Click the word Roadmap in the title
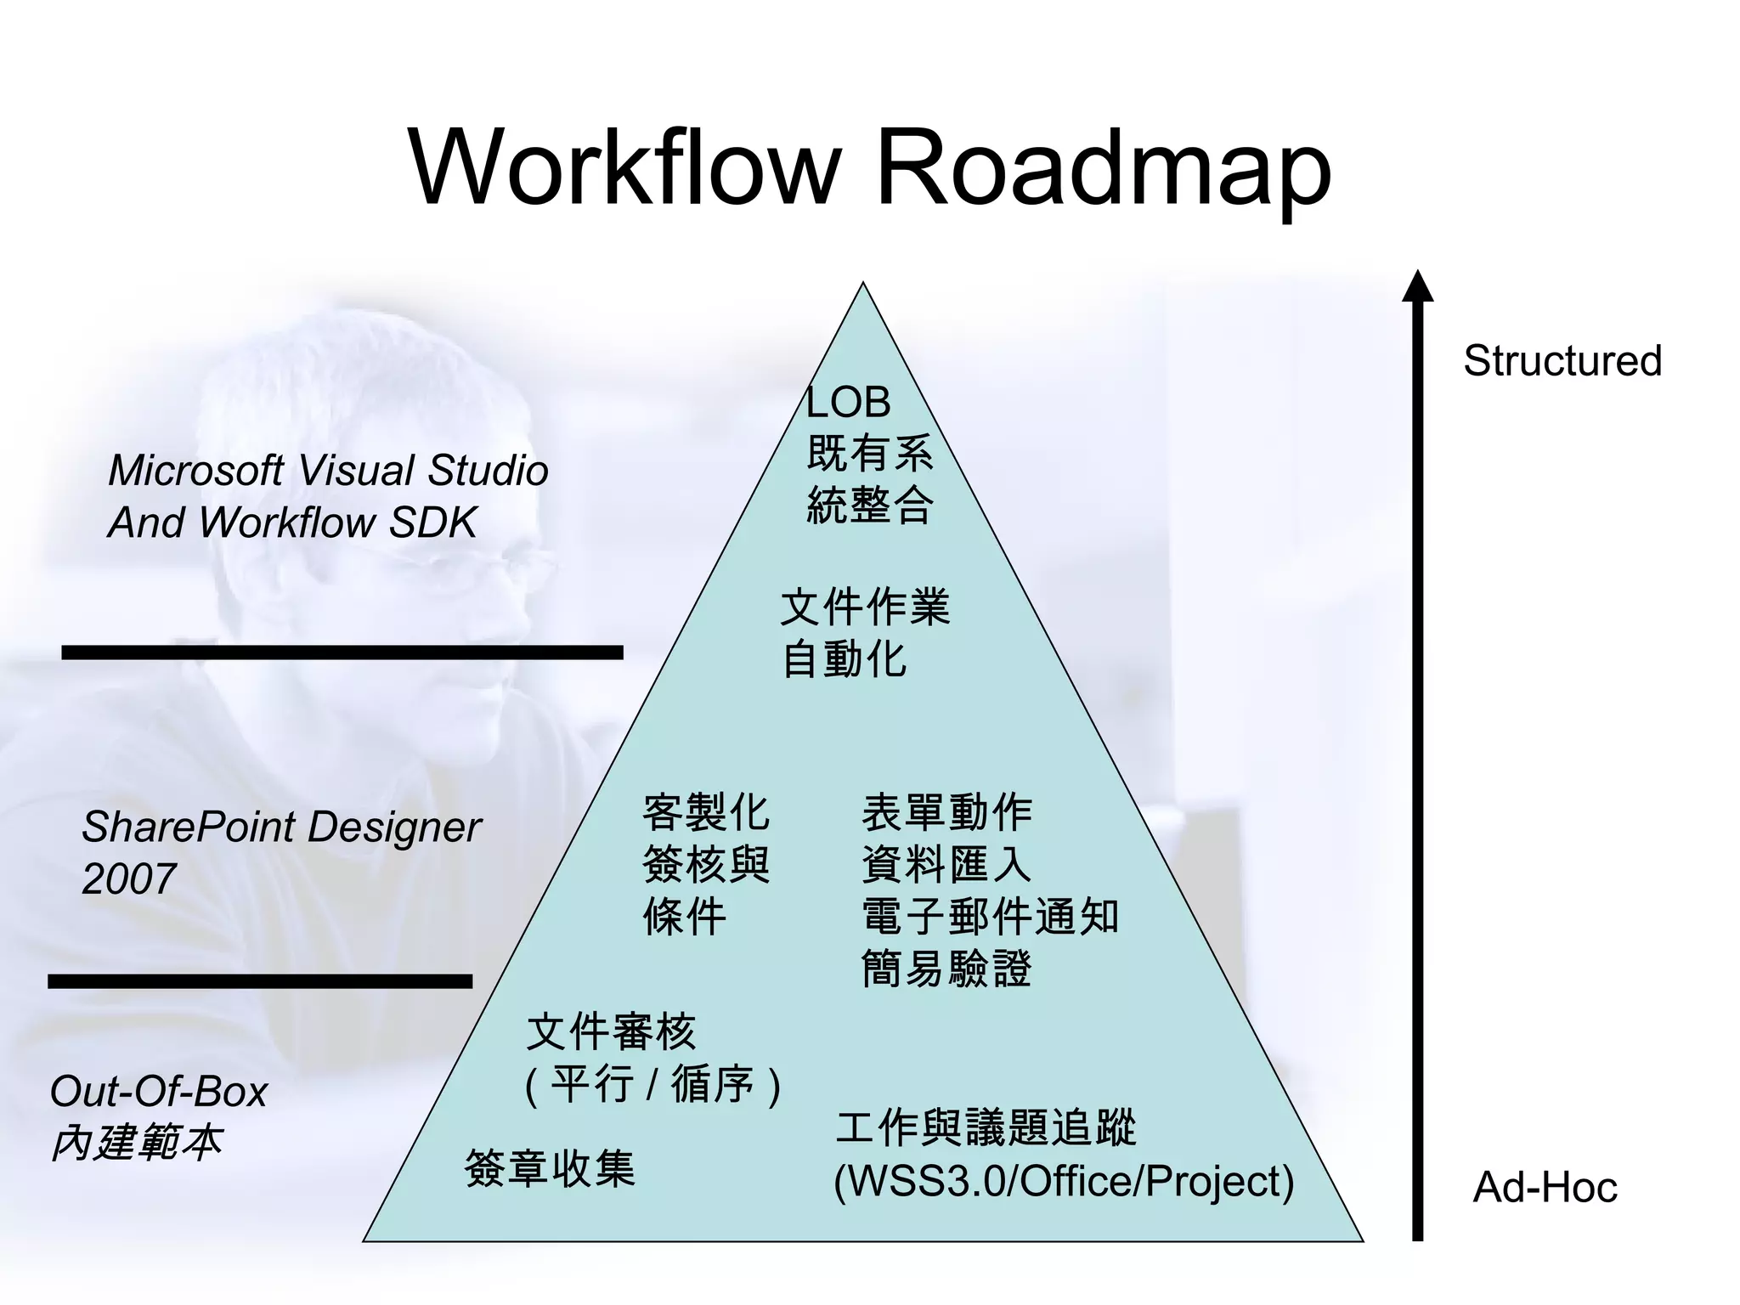1102,167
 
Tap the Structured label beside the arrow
1562,360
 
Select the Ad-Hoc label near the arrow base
1544,1187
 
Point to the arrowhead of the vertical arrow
1417,287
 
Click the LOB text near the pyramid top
848,402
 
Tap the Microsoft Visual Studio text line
328,470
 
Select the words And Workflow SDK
291,522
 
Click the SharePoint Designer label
281,827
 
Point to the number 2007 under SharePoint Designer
128,878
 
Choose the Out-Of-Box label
158,1091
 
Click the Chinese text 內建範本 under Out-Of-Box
136,1143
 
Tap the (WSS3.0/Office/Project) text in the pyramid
1064,1181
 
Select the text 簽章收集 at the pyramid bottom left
550,1168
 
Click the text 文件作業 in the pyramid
864,607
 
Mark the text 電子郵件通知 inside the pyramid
990,917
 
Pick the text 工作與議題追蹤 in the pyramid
986,1128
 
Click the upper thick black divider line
342,652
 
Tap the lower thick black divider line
260,981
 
